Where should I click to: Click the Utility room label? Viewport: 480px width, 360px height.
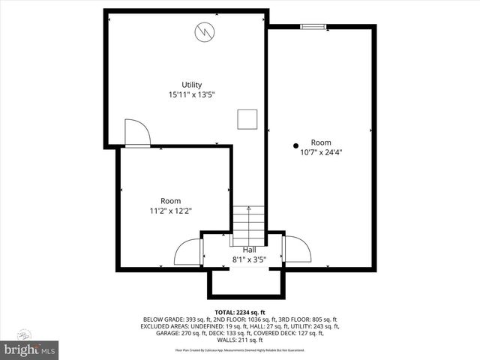tap(192, 84)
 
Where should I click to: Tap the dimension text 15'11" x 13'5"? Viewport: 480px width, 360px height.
tap(192, 94)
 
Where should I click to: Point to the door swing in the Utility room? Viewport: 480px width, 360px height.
tap(137, 132)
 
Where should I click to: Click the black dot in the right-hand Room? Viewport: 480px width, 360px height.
tap(296, 145)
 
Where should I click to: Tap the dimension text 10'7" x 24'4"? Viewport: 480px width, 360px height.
tap(321, 152)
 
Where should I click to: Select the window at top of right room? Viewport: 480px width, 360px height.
tap(313, 27)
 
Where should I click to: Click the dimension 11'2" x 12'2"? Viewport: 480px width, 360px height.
tap(170, 211)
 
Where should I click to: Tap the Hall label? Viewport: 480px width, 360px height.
tap(249, 249)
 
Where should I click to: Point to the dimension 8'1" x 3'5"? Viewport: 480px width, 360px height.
tap(249, 259)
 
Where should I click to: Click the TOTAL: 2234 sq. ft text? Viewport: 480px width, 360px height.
tap(240, 312)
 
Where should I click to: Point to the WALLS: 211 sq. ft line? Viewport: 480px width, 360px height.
tap(240, 340)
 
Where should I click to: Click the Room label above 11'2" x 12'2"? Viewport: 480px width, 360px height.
tap(170, 200)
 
